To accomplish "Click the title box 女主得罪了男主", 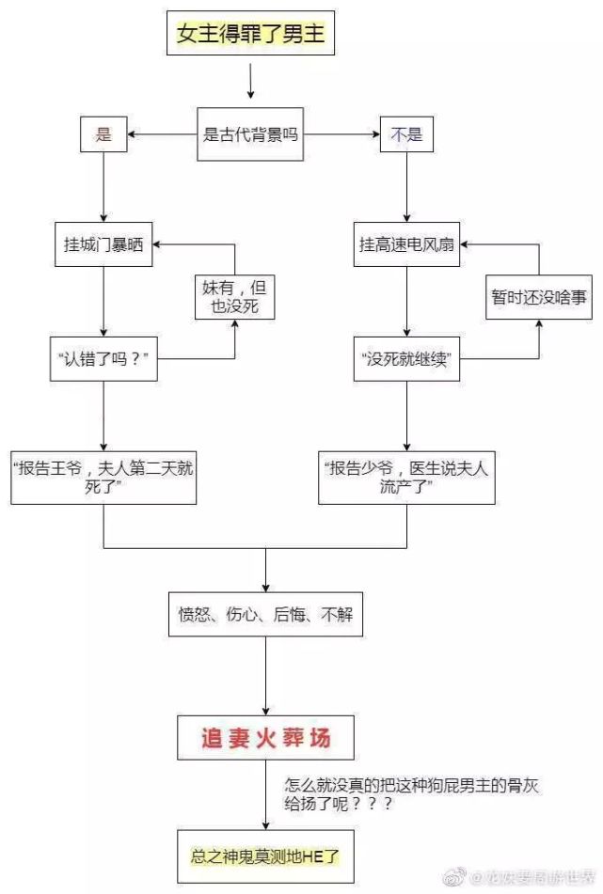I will pyautogui.click(x=250, y=37).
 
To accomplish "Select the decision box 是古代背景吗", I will pyautogui.click(x=250, y=134).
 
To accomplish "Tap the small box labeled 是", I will pyautogui.click(x=103, y=134).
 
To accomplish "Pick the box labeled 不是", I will pyautogui.click(x=406, y=134).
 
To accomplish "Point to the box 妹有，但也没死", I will pyautogui.click(x=234, y=297).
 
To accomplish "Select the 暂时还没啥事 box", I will pyautogui.click(x=539, y=297).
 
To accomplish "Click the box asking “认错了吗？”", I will pyautogui.click(x=103, y=358).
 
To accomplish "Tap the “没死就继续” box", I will pyautogui.click(x=406, y=358).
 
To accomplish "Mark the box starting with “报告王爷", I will pyautogui.click(x=103, y=477).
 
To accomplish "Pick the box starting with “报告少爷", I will pyautogui.click(x=406, y=477).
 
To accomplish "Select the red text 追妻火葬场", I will pyautogui.click(x=265, y=738).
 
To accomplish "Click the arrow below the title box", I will pyautogui.click(x=250, y=83).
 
